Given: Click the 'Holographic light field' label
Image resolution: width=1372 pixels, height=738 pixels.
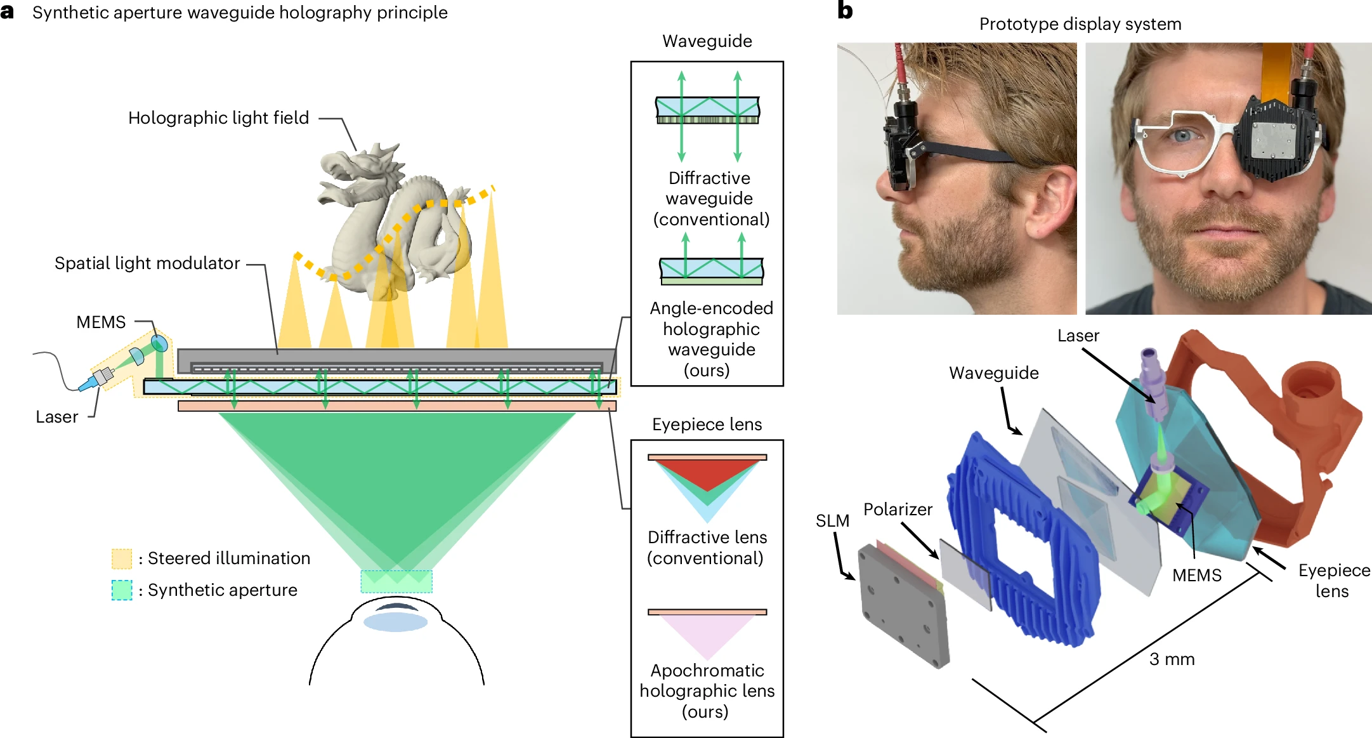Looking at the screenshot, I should (218, 118).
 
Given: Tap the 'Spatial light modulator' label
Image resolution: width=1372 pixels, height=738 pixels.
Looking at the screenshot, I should (147, 263).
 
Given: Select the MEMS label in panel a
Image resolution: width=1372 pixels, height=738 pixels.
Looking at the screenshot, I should (101, 322).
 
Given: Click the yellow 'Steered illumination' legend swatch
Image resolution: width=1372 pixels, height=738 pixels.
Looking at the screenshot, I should (121, 558).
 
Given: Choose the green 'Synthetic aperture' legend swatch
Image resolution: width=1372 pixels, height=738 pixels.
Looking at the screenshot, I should (121, 590).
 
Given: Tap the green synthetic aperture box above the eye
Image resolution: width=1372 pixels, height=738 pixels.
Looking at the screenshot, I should (396, 581).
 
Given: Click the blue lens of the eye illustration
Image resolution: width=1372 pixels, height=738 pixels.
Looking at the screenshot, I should (395, 622).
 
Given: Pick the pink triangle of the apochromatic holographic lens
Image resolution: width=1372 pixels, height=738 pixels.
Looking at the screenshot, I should (707, 635).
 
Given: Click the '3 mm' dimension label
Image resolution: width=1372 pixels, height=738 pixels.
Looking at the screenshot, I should (1172, 659).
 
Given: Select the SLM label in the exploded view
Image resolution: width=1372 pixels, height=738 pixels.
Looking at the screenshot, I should (832, 521).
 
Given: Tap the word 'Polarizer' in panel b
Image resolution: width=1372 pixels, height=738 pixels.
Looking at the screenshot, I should (898, 510).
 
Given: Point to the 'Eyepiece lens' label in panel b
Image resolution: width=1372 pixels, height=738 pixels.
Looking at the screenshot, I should (1333, 580).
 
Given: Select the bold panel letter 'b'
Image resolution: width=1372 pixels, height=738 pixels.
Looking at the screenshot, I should (845, 11).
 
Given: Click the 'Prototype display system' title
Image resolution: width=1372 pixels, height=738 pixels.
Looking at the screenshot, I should (1080, 24).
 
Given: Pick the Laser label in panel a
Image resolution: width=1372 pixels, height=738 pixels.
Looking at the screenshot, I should (57, 417).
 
